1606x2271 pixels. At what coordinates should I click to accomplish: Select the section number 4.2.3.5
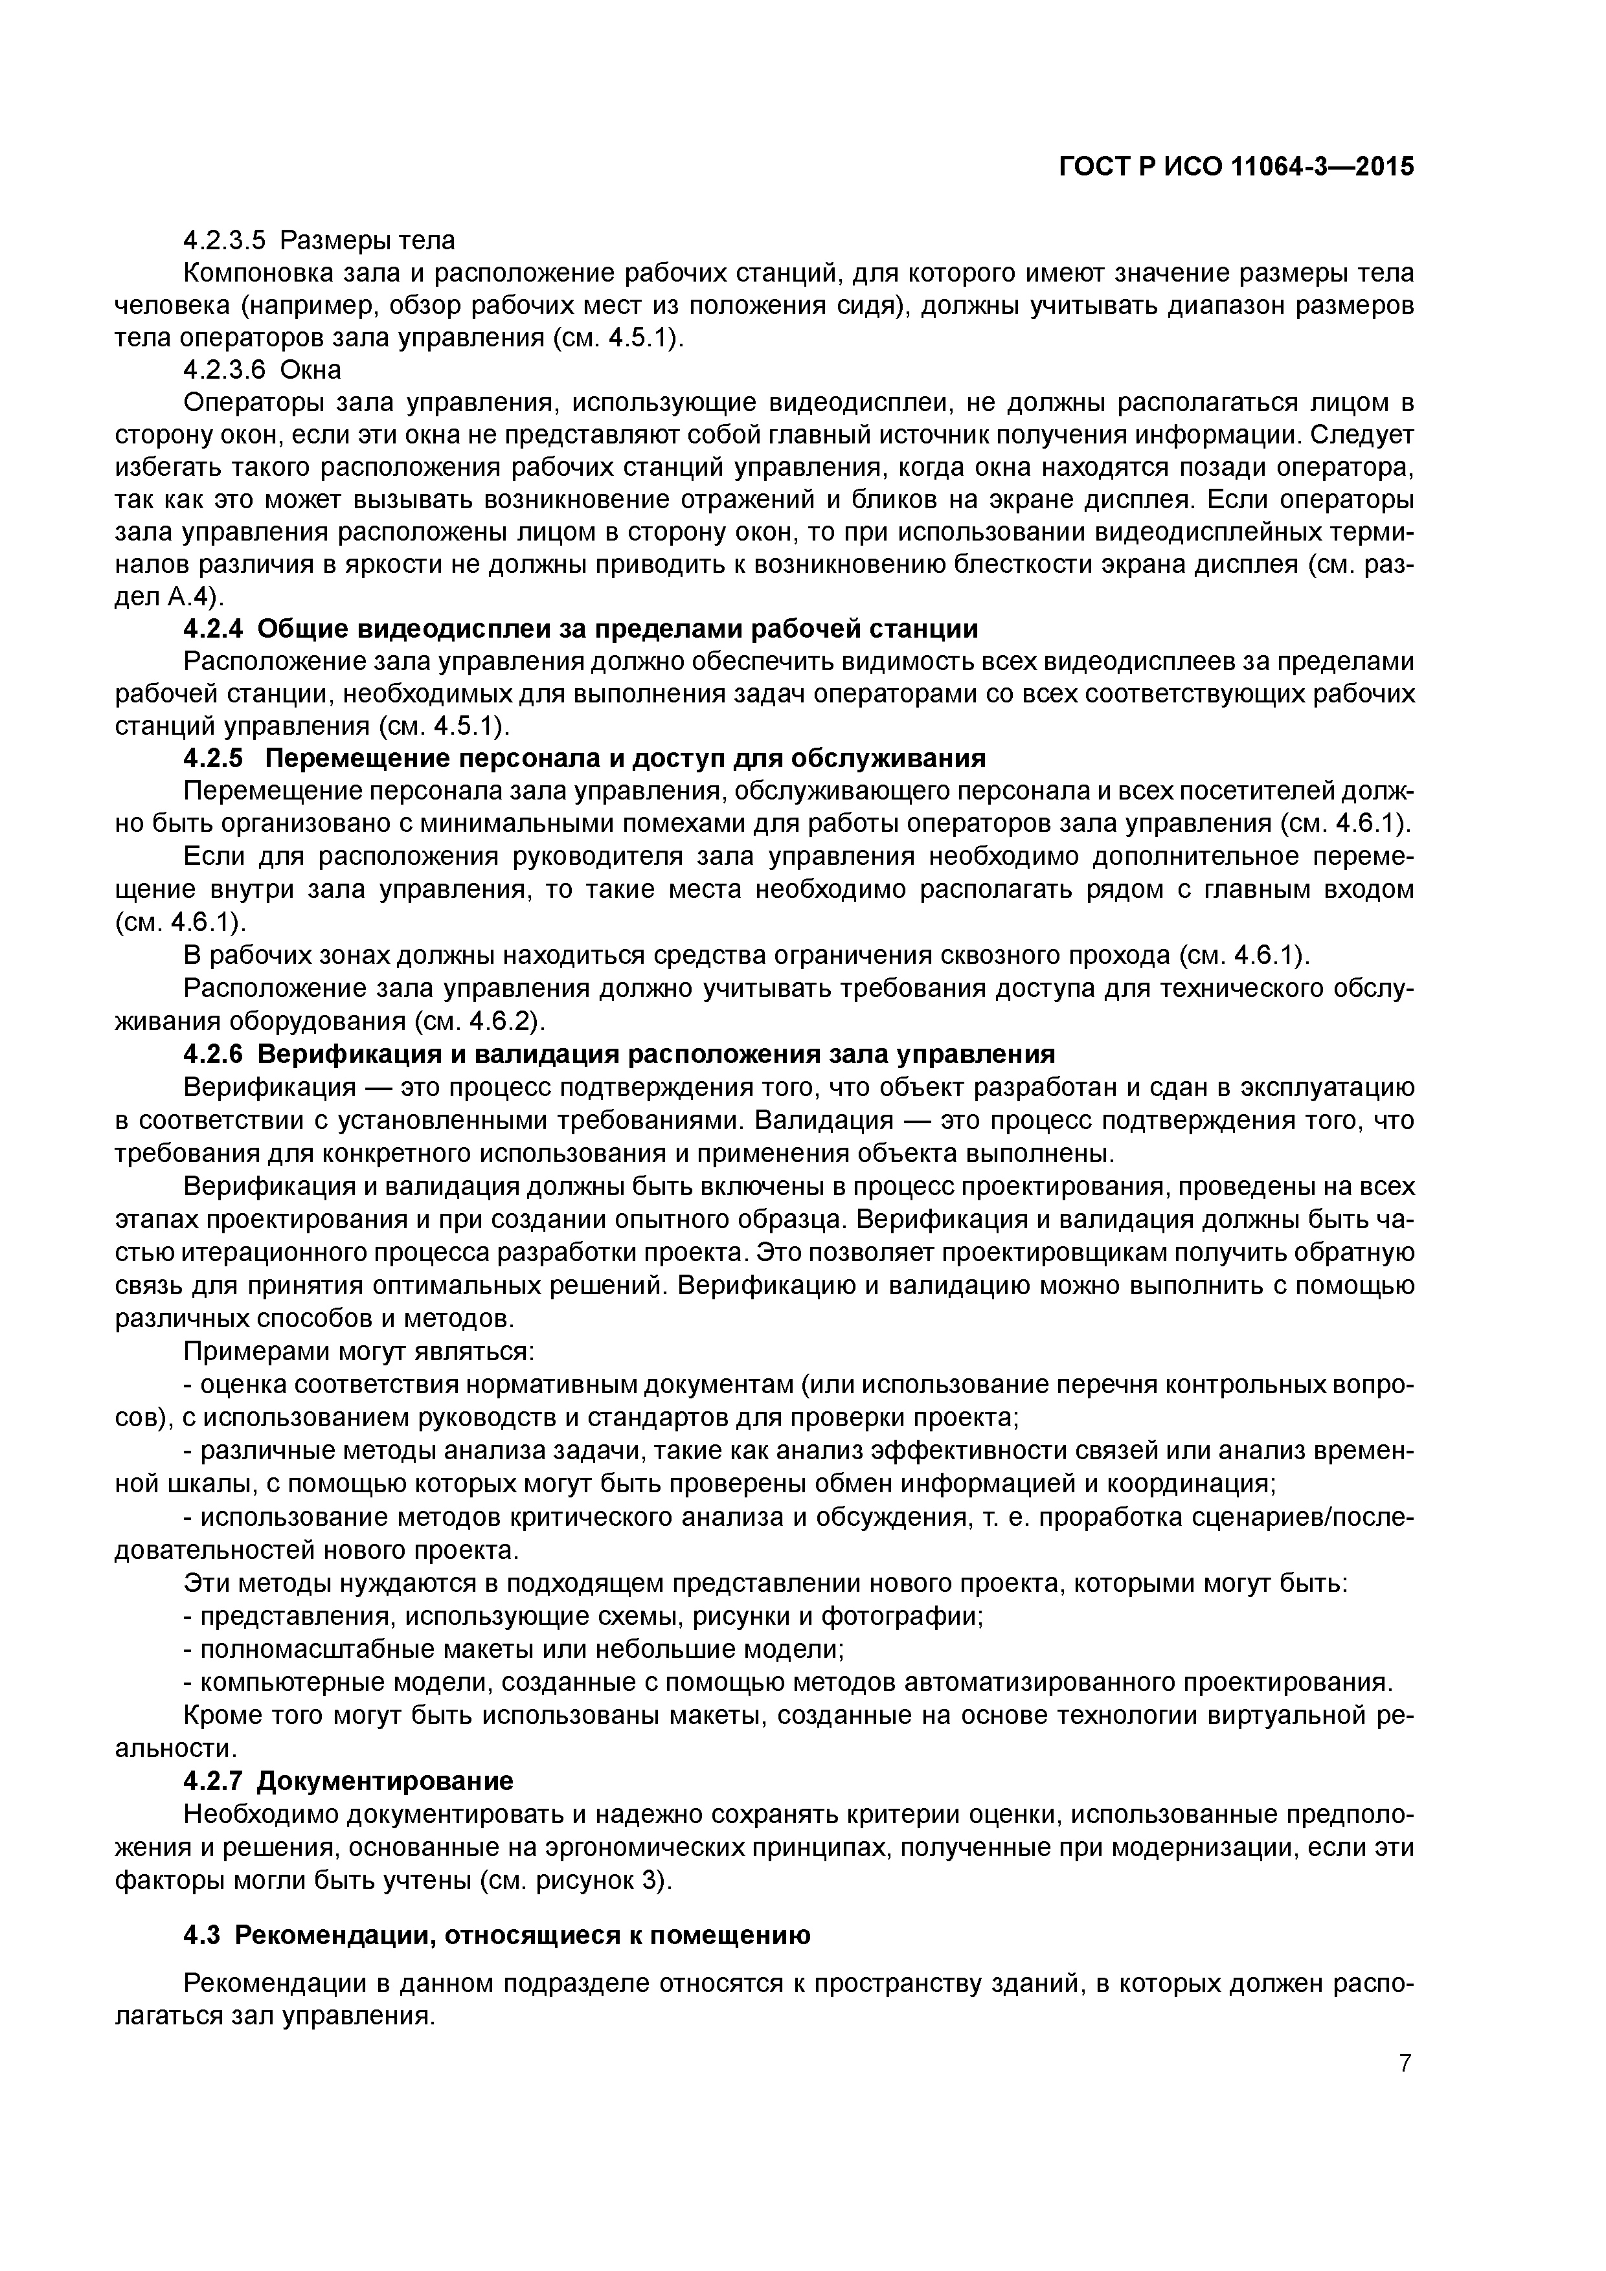tap(225, 240)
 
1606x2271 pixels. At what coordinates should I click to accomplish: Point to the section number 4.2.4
tap(214, 629)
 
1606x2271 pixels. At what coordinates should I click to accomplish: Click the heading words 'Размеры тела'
tap(368, 240)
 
